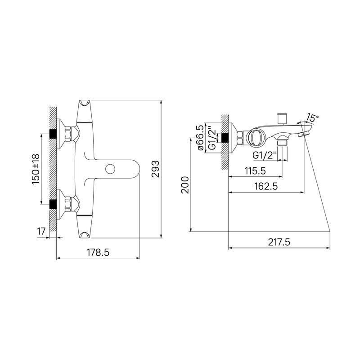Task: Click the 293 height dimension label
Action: click(155, 169)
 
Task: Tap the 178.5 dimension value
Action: click(98, 252)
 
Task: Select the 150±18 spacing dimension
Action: click(36, 169)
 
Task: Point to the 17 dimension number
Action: click(41, 231)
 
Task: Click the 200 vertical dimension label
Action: click(185, 185)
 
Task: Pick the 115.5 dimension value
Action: click(255, 171)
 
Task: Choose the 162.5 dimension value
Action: click(266, 186)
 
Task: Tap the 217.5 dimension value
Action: click(279, 242)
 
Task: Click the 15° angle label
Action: click(312, 118)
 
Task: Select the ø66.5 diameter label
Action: click(200, 138)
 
